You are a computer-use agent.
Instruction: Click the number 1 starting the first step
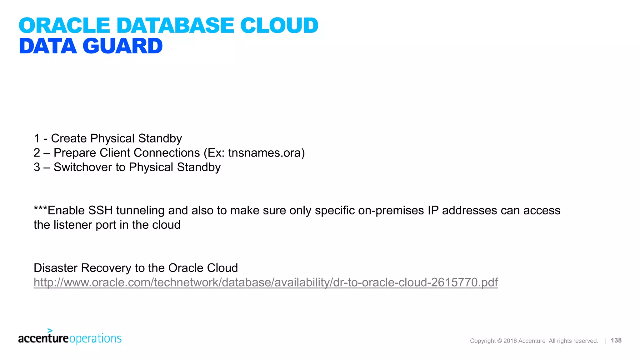pyautogui.click(x=37, y=138)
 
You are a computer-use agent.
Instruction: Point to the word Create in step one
pyautogui.click(x=69, y=138)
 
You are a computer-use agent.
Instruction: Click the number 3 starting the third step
pyautogui.click(x=37, y=167)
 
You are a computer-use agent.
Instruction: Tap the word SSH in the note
pyautogui.click(x=100, y=210)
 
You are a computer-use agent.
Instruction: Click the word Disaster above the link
pyautogui.click(x=56, y=268)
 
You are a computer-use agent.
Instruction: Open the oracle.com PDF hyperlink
pyautogui.click(x=266, y=282)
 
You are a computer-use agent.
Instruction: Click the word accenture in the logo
pyautogui.click(x=43, y=338)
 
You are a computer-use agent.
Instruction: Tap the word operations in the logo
pyautogui.click(x=95, y=339)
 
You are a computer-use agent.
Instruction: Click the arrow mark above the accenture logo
pyautogui.click(x=50, y=330)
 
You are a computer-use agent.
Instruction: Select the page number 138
pyautogui.click(x=616, y=340)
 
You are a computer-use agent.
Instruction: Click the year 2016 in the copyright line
pyautogui.click(x=510, y=341)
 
